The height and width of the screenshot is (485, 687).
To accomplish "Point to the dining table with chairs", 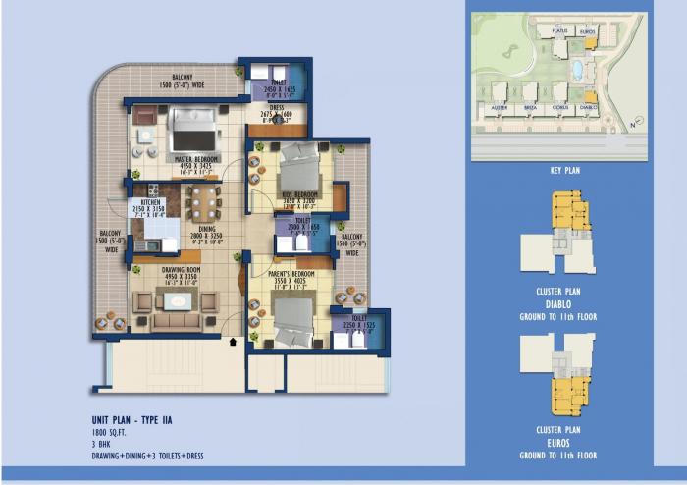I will point(205,203).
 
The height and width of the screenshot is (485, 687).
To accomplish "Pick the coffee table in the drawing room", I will point(175,320).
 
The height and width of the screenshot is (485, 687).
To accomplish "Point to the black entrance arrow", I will point(232,342).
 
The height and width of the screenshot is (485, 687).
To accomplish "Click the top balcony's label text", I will point(183,78).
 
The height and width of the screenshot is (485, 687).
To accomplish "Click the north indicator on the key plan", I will point(634,125).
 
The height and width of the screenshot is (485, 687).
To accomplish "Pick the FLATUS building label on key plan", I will point(559,31).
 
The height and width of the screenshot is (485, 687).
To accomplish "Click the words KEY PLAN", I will point(564,170).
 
